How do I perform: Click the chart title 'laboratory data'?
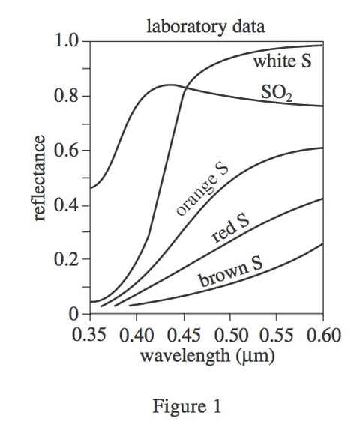[205, 28]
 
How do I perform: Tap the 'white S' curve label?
[281, 61]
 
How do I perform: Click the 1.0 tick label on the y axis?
[66, 40]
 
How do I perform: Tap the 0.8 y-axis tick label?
[66, 96]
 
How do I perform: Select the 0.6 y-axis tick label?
[66, 151]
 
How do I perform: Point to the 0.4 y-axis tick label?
[66, 205]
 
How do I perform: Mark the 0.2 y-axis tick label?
[66, 260]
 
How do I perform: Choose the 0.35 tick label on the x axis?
[91, 333]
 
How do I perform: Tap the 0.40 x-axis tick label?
[137, 333]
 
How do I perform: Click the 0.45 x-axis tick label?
[184, 333]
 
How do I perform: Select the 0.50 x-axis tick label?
[230, 333]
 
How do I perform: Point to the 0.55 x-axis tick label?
[277, 333]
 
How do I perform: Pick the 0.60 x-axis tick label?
[322, 333]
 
